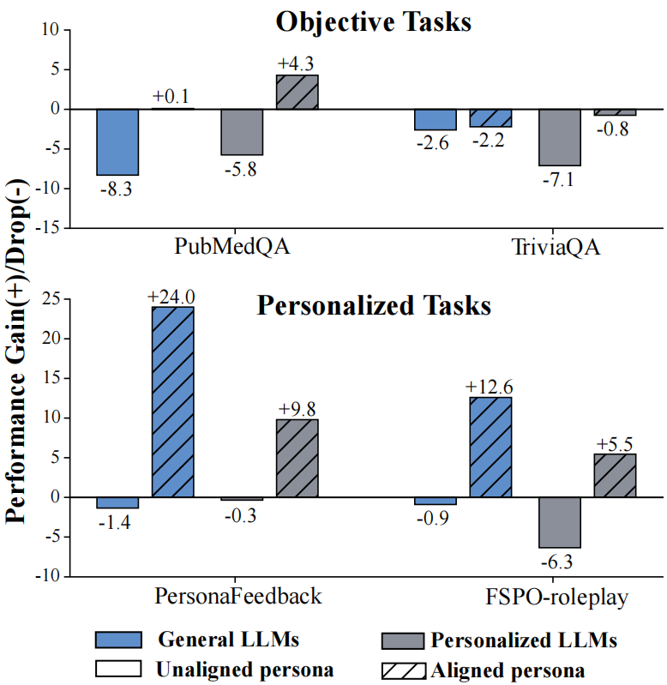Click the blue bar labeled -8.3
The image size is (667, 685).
[x=117, y=141]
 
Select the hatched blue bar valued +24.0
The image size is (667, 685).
[x=173, y=401]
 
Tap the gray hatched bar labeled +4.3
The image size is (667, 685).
[x=297, y=92]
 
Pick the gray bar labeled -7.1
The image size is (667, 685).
[x=560, y=137]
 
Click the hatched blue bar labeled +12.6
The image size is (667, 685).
[x=491, y=447]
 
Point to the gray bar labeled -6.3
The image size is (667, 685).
[x=560, y=522]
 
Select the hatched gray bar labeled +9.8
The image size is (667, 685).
[x=297, y=458]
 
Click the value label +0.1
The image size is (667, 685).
[x=173, y=98]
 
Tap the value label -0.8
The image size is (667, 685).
[x=615, y=129]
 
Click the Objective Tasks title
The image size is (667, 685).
[x=374, y=21]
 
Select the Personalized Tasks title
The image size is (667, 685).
[x=374, y=305]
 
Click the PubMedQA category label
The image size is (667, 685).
[x=232, y=248]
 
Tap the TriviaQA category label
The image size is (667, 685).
[x=556, y=248]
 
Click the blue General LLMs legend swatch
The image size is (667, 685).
[x=117, y=640]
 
